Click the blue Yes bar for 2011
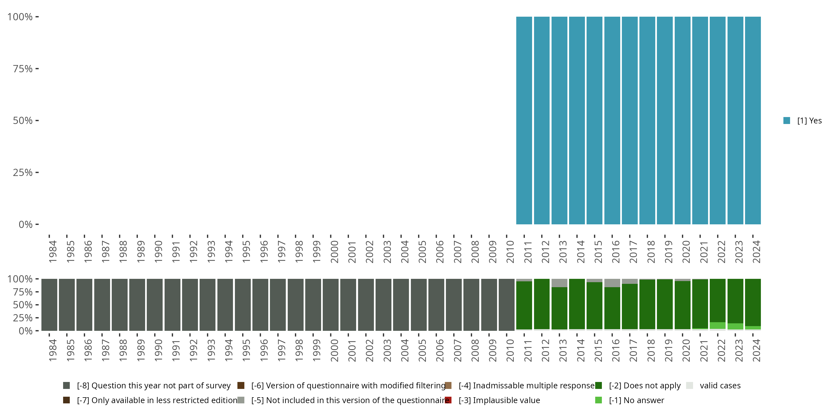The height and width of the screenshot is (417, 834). pyautogui.click(x=524, y=120)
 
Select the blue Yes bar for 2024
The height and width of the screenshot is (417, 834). pyautogui.click(x=753, y=120)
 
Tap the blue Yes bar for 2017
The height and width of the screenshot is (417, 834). pyautogui.click(x=630, y=120)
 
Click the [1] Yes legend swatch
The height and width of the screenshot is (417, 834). pyautogui.click(x=787, y=121)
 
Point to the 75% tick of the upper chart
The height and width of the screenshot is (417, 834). pyautogui.click(x=37, y=69)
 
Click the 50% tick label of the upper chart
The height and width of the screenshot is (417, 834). pyautogui.click(x=23, y=121)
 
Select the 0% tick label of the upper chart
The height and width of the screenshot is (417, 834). pyautogui.click(x=26, y=224)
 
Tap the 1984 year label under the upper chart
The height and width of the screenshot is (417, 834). pyautogui.click(x=53, y=252)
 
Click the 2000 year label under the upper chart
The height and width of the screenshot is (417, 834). pyautogui.click(x=334, y=252)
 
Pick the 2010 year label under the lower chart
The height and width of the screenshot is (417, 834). pyautogui.click(x=510, y=350)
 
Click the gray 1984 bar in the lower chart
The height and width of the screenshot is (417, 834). pyautogui.click(x=49, y=305)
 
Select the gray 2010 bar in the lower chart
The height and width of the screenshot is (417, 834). pyautogui.click(x=506, y=305)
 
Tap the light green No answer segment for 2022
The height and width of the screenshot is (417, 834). pyautogui.click(x=718, y=325)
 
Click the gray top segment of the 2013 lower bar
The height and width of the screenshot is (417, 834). pyautogui.click(x=559, y=283)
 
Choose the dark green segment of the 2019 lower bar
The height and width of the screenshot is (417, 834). pyautogui.click(x=665, y=304)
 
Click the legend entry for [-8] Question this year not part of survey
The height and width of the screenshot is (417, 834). pyautogui.click(x=153, y=386)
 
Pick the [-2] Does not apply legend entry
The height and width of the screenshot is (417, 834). pyautogui.click(x=644, y=386)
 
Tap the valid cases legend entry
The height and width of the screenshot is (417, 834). pyautogui.click(x=720, y=386)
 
